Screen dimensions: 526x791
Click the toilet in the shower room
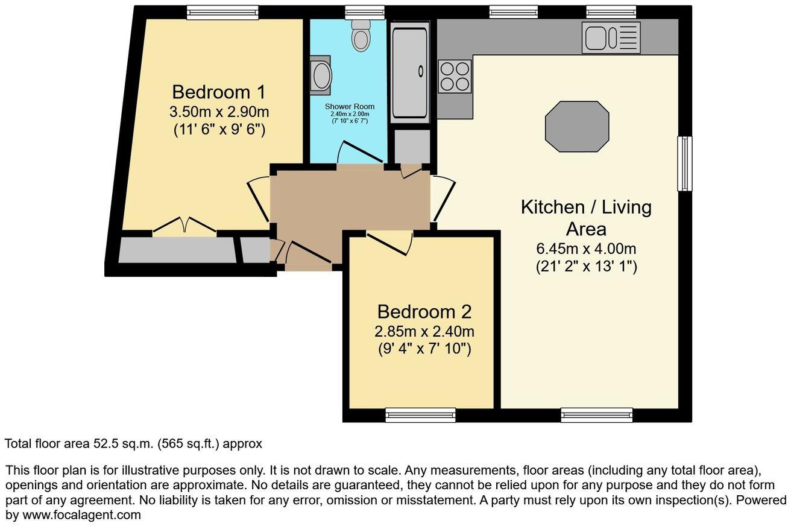coord(361,36)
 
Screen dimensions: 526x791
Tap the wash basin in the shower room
coord(321,76)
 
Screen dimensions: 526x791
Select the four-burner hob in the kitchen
coord(455,77)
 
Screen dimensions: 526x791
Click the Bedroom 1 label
coord(218,92)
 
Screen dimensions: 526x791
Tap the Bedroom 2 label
coord(424,312)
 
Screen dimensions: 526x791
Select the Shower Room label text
coord(350,107)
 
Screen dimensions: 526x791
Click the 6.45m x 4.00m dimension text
coord(586,249)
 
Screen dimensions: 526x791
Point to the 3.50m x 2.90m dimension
coord(218,112)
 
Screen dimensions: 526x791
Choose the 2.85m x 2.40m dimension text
coord(424,331)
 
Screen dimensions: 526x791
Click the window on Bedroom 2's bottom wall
coord(420,414)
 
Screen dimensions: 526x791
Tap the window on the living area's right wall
coord(684,163)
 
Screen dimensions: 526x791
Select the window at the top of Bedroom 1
coord(222,12)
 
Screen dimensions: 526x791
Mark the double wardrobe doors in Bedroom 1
coord(184,225)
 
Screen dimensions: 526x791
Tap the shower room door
coord(360,153)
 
